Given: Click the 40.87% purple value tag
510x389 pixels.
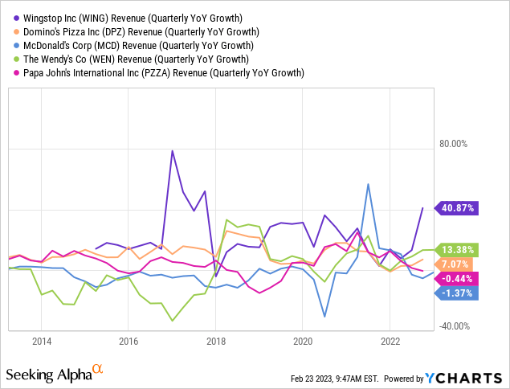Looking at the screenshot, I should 457,207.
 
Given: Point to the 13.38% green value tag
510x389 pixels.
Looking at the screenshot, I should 457,249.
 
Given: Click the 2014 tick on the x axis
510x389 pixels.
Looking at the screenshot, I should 42,342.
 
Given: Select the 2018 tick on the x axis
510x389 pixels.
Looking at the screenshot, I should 215,342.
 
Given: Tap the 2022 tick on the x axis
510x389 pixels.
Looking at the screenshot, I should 389,342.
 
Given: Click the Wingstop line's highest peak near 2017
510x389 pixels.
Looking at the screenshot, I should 172,150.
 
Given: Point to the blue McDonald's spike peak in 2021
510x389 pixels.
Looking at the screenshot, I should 368,184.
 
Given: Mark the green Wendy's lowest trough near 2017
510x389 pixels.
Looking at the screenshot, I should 172,321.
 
